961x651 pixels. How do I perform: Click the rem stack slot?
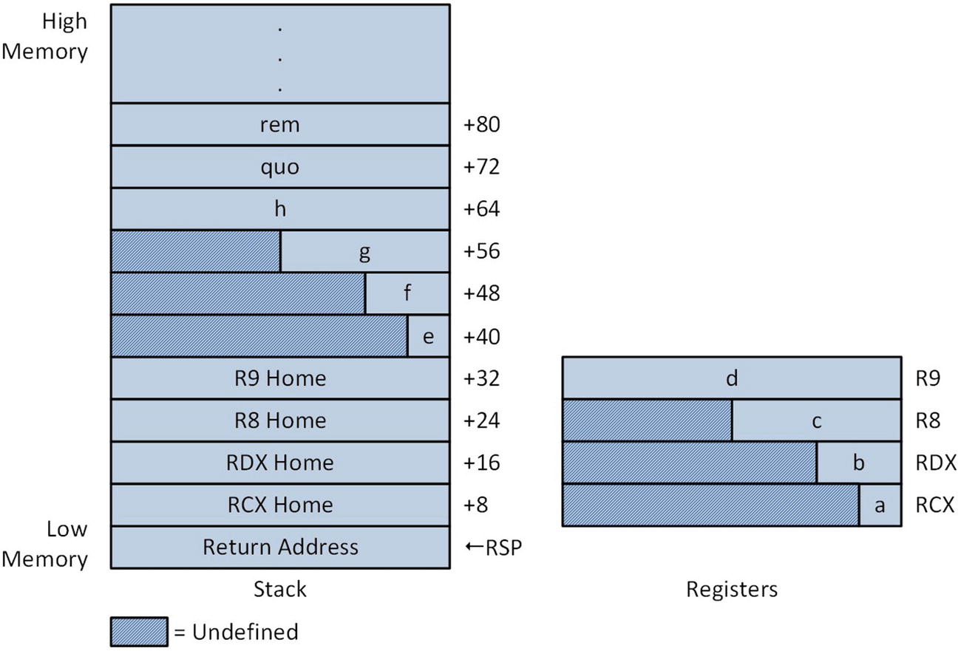[280, 125]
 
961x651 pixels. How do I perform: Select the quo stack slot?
[280, 167]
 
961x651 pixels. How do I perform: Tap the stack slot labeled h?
[280, 209]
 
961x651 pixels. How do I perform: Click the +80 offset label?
[482, 125]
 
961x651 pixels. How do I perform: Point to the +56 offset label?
[482, 252]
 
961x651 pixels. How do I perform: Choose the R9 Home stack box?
[280, 379]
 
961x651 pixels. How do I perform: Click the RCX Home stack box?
[280, 505]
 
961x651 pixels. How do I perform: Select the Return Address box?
[280, 548]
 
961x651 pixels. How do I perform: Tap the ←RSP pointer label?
[494, 548]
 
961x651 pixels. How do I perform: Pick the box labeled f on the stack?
[407, 294]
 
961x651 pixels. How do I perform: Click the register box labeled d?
[731, 379]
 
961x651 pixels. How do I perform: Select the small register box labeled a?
[880, 505]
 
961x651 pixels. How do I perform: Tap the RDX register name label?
[936, 463]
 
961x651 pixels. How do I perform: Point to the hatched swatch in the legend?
[139, 632]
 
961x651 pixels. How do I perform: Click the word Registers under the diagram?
[732, 590]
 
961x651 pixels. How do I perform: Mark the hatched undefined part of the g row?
[196, 252]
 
